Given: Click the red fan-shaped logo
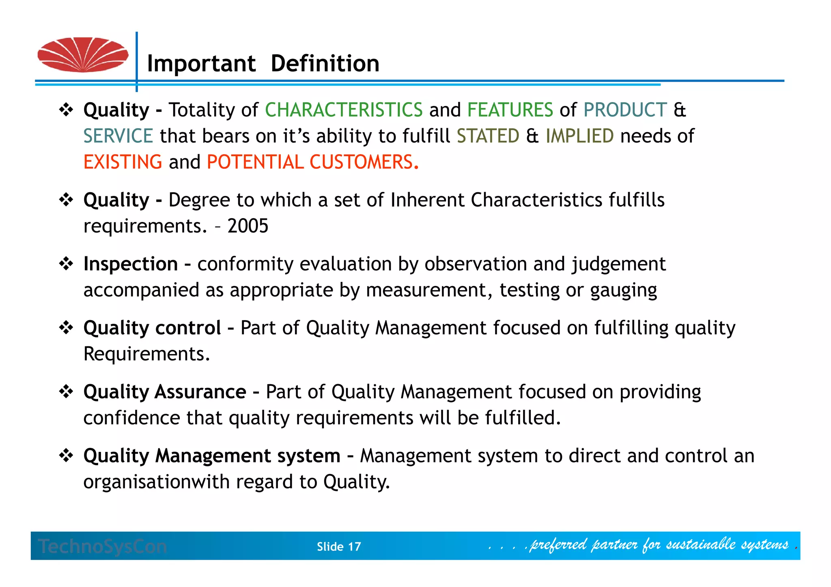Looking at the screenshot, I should click(83, 55).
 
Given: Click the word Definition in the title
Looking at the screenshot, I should click(325, 64).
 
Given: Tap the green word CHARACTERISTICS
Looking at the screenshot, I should click(344, 110).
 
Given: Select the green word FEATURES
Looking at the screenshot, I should click(510, 110).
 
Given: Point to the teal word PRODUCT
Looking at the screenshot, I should click(625, 110).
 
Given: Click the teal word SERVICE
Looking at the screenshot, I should click(118, 136).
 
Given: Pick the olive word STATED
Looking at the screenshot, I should click(488, 136).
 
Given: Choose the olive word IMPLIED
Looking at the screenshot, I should click(579, 136).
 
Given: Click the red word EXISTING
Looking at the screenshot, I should click(123, 162).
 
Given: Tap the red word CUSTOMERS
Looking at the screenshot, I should click(362, 162).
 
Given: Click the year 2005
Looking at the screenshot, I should click(248, 226).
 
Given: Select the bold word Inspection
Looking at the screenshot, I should click(131, 264).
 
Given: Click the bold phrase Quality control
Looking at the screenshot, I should click(152, 328).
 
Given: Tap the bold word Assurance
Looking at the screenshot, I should click(200, 392).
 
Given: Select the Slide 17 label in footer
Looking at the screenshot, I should click(339, 547).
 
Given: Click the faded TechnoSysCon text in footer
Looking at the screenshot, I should click(103, 546).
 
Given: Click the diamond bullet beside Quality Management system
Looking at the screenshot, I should click(66, 456).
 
